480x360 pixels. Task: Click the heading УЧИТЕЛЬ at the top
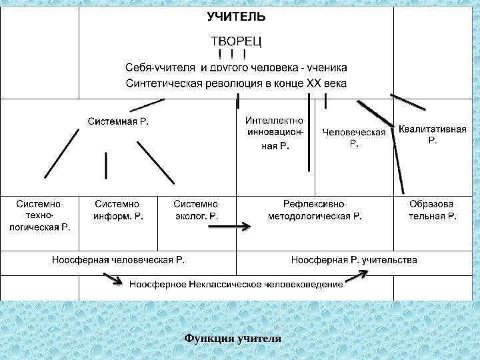[x=236, y=17]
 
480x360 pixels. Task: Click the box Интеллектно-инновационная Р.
[x=274, y=133]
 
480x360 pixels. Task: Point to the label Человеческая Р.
[x=354, y=137]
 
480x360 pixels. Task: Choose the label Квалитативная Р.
[x=432, y=134]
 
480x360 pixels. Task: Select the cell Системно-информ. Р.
[x=119, y=209]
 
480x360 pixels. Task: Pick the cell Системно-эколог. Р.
[x=196, y=209]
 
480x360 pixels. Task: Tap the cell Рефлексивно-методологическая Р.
[x=315, y=209]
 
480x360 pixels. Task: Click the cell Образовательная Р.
[x=433, y=209]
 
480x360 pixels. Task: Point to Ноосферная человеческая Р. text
[x=119, y=259]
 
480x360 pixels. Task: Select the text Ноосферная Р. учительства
[x=355, y=259]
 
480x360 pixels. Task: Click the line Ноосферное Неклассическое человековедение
[x=236, y=284]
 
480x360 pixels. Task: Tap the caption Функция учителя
[x=233, y=338]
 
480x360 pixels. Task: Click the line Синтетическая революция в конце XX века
[x=236, y=83]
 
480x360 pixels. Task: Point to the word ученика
[x=327, y=67]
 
